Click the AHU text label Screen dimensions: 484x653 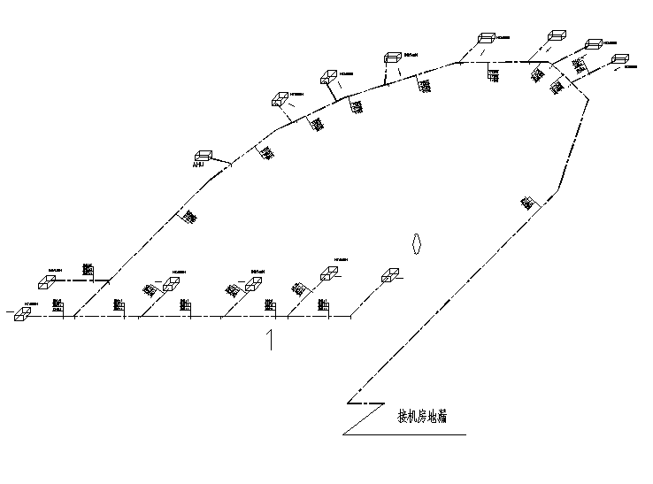click(198, 165)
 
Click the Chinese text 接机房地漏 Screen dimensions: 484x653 click(421, 417)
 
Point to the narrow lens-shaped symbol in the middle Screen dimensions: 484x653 click(416, 242)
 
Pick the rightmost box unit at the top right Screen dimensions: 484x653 click(618, 60)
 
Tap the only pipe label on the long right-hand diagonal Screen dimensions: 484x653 click(527, 203)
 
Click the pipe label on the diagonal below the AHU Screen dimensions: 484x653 click(189, 216)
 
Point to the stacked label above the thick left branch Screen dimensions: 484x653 click(87, 267)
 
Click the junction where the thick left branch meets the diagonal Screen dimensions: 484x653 click(110, 280)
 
